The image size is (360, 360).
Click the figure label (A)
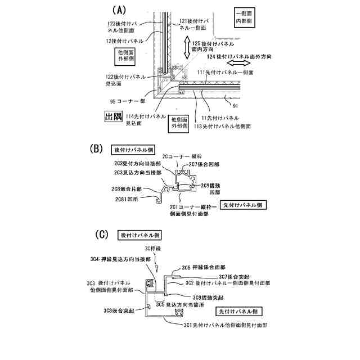point(120,10)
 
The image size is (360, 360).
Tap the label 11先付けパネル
point(213,119)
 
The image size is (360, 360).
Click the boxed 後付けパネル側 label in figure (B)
point(134,150)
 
